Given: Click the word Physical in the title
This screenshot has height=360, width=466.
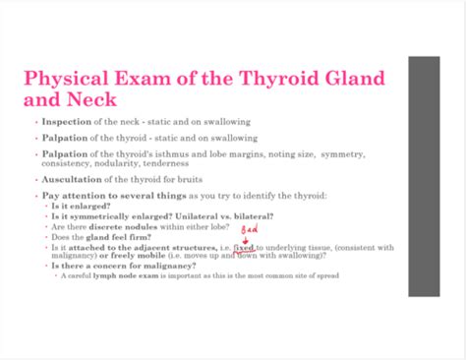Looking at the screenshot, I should pyautogui.click(x=71, y=78).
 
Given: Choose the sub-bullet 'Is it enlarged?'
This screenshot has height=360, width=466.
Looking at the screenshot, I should pyautogui.click(x=85, y=208).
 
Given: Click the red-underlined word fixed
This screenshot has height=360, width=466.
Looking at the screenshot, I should pyautogui.click(x=244, y=247).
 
